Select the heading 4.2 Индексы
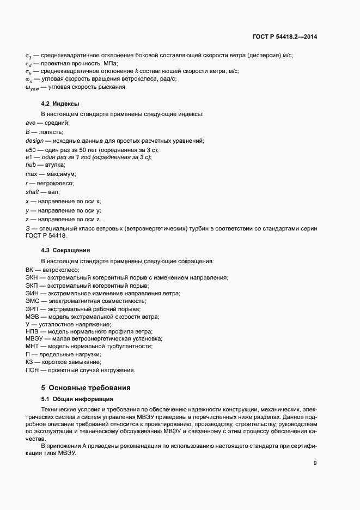[x=60, y=104]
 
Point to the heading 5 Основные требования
[x=86, y=388]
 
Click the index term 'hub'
[x=30, y=165]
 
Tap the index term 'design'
[x=34, y=141]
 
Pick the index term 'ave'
[x=30, y=123]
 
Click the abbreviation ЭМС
[x=33, y=301]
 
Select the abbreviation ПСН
[x=33, y=371]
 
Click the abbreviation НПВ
[x=33, y=331]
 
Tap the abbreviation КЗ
[x=29, y=362]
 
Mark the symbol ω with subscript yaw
[x=32, y=87]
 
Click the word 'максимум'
[x=60, y=174]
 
